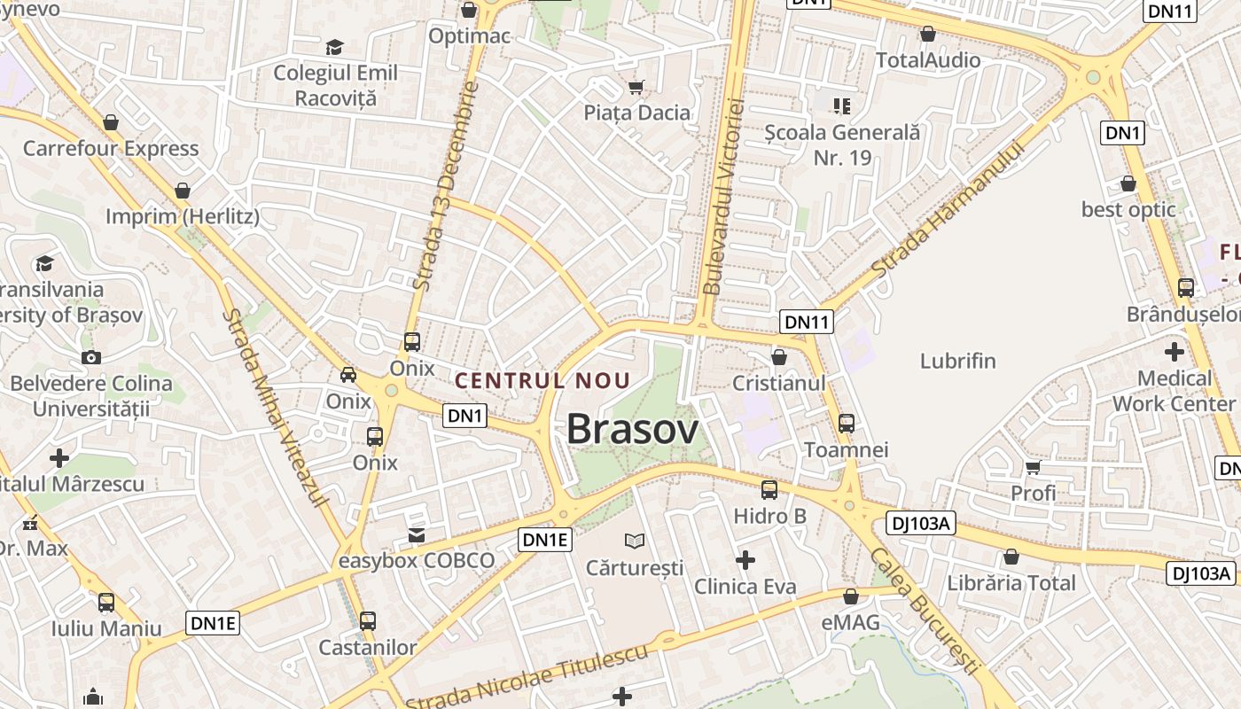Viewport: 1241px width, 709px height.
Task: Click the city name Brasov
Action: point(632,429)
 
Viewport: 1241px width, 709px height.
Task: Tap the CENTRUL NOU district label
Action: point(542,381)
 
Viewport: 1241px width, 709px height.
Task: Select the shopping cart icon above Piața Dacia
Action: point(636,87)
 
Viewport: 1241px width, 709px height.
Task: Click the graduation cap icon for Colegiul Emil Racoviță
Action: point(334,47)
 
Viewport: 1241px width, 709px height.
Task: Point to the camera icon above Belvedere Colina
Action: point(90,357)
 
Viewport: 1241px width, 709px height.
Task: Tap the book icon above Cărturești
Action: point(635,540)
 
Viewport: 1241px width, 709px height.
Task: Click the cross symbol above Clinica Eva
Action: point(745,560)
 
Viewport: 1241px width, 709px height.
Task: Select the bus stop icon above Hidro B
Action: point(769,489)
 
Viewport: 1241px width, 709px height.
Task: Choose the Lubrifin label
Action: point(957,361)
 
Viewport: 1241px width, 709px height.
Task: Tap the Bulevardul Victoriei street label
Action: point(723,197)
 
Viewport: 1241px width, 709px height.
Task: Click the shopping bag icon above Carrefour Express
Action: point(111,121)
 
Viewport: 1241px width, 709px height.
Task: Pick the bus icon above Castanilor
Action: point(368,620)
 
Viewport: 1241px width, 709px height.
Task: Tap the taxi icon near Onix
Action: point(348,374)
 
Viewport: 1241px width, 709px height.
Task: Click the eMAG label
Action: point(851,622)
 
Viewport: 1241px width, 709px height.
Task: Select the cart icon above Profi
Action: point(1033,467)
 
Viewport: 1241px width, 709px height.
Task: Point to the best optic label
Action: point(1128,210)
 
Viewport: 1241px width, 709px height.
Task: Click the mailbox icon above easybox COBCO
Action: point(417,534)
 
